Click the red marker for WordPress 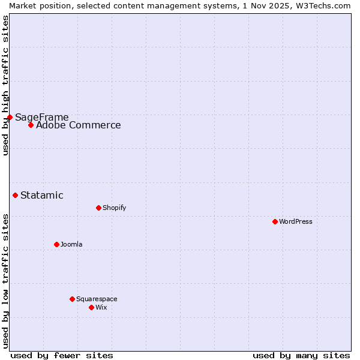275,221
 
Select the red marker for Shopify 98,208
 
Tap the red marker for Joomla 56,244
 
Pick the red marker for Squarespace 72,299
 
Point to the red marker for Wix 91,307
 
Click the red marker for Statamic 15,195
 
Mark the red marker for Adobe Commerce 31,125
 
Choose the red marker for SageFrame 10,117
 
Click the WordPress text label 296,221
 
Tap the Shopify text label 114,208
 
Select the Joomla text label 71,244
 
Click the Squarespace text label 97,299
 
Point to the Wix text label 101,307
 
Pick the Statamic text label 42,195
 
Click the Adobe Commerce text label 78,125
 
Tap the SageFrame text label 42,118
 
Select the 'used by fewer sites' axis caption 62,355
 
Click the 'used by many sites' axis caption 301,355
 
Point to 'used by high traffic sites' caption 5,85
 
